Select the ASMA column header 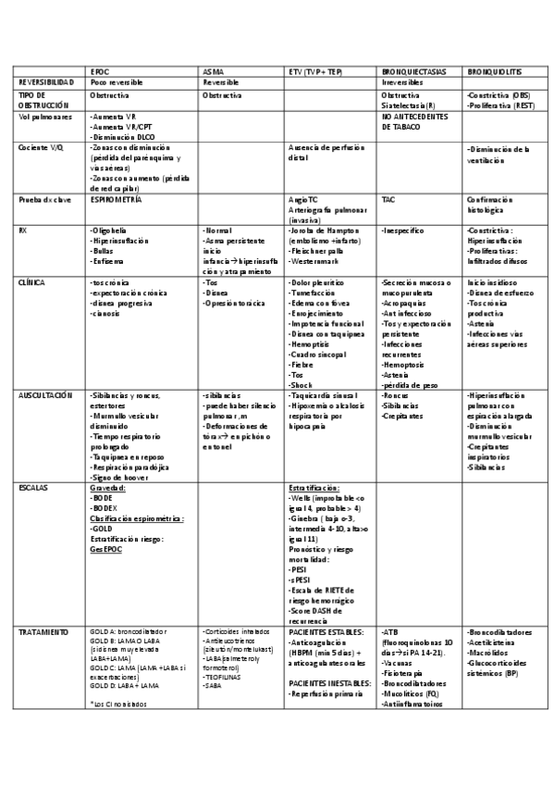[213, 71]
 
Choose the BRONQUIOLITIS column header [498, 71]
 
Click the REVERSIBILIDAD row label [47, 82]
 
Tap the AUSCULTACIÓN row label [44, 394]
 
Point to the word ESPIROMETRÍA [116, 199]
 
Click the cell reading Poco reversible [117, 82]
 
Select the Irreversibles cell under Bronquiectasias [403, 82]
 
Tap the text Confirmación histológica [498, 204]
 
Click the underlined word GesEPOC [105, 549]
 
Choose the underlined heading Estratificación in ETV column [314, 485]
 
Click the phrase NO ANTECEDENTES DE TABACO [414, 122]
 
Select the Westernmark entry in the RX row [315, 263]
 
